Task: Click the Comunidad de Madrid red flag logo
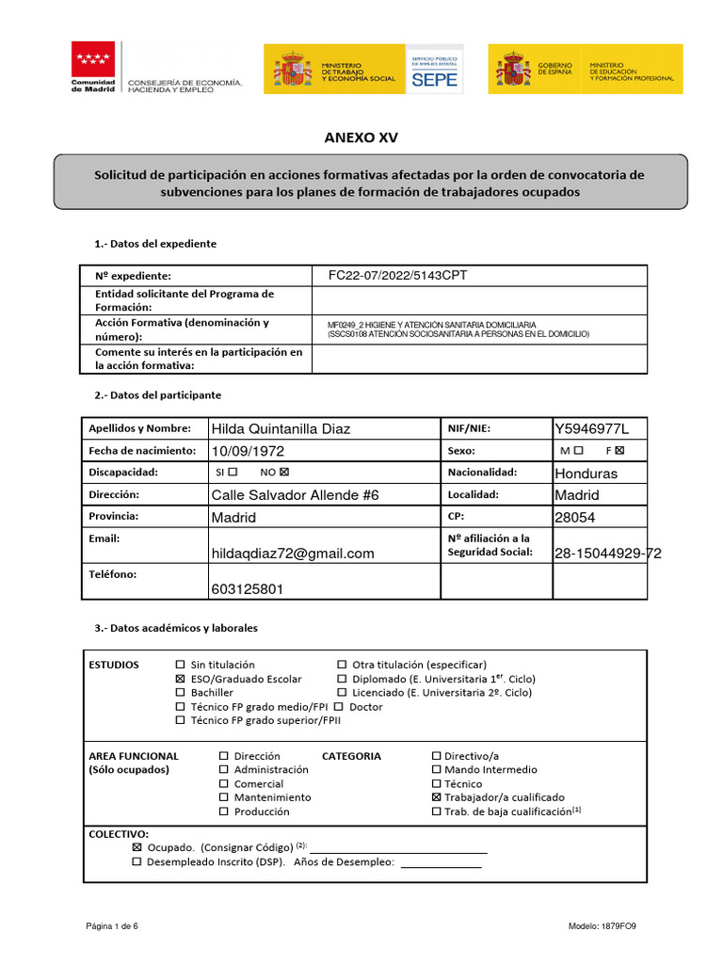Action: coord(94,59)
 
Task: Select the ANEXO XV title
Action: coord(361,137)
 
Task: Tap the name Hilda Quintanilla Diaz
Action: coord(281,429)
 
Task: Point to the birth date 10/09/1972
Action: coord(247,451)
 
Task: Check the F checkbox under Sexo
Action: coord(619,451)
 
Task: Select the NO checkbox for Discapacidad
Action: coord(284,473)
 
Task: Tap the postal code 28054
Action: coord(575,518)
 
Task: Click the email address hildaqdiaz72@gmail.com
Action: coord(293,554)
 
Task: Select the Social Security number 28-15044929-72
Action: coord(608,554)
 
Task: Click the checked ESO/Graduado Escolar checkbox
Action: coord(182,679)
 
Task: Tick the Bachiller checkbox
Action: coord(182,693)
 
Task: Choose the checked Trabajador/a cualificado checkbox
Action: coord(436,797)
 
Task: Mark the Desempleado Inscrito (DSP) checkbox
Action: coord(137,861)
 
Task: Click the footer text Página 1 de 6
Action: coord(112,926)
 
